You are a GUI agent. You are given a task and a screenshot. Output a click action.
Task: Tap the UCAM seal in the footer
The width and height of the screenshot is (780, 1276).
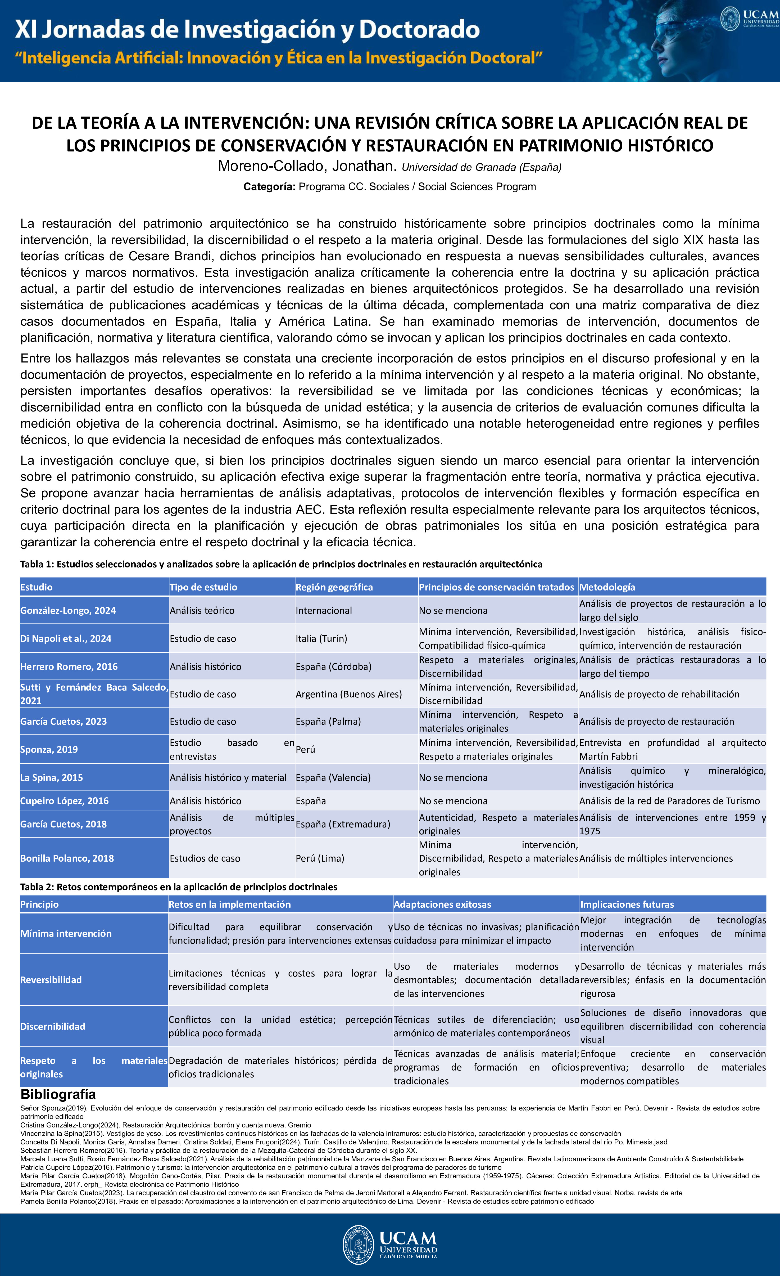358,1244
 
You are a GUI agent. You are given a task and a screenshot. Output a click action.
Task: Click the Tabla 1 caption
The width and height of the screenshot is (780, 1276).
281,564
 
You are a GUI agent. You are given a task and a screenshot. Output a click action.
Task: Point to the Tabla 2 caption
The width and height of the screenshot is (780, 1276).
179,887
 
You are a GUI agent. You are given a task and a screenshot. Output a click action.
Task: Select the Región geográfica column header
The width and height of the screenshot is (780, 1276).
334,587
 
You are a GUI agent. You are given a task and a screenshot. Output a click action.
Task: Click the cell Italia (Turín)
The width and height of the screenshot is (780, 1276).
321,638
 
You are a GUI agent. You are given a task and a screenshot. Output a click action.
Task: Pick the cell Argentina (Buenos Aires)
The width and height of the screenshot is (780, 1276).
348,694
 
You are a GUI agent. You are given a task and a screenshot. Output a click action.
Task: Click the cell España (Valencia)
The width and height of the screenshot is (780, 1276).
333,777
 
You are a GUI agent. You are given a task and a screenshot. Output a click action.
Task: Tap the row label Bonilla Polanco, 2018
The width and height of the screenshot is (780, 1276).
67,858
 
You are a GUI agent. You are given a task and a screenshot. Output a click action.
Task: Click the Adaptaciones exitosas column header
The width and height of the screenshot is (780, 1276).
442,904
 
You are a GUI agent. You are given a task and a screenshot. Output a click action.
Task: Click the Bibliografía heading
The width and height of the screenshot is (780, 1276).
58,1094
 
